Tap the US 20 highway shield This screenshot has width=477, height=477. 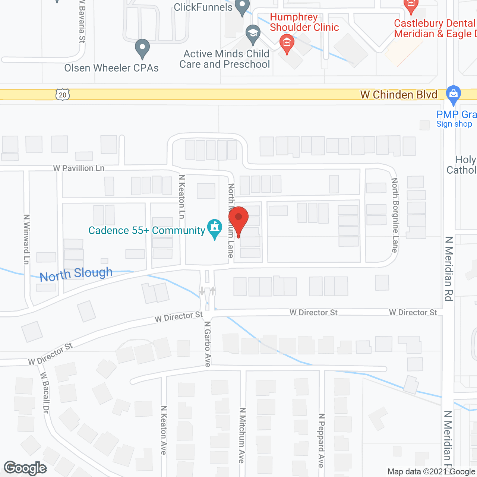click(x=63, y=95)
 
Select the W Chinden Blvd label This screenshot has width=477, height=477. click(x=399, y=95)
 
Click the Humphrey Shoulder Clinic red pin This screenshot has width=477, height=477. click(x=287, y=43)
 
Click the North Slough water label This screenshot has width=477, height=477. click(x=76, y=274)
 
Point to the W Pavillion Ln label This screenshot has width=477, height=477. click(x=79, y=168)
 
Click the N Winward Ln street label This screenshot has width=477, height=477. click(x=26, y=239)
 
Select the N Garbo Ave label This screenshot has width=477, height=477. click(x=208, y=344)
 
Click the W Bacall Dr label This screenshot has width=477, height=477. click(x=45, y=392)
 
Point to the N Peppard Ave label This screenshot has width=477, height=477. click(x=321, y=440)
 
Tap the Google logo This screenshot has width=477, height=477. click(x=25, y=468)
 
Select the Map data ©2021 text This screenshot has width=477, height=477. click(x=417, y=471)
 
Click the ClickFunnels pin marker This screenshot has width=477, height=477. click(x=242, y=7)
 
